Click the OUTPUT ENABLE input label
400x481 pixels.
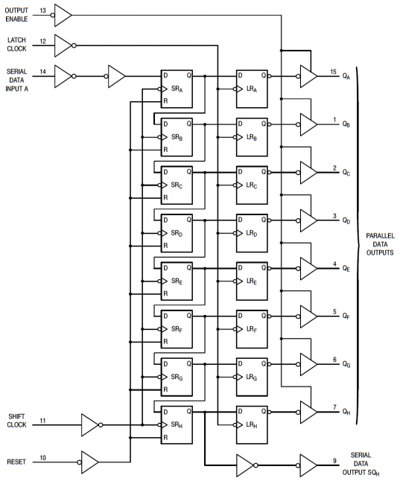coord(18,15)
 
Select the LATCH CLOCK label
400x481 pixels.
coord(17,45)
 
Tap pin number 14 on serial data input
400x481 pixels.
coord(42,71)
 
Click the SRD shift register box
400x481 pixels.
coord(177,232)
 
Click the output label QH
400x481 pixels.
coord(346,411)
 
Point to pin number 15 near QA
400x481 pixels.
coord(334,71)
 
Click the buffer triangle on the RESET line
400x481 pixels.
coord(89,462)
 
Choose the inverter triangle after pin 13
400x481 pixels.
coord(63,14)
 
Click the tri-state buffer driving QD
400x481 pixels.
coord(308,220)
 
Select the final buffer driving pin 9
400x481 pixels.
coord(308,463)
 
